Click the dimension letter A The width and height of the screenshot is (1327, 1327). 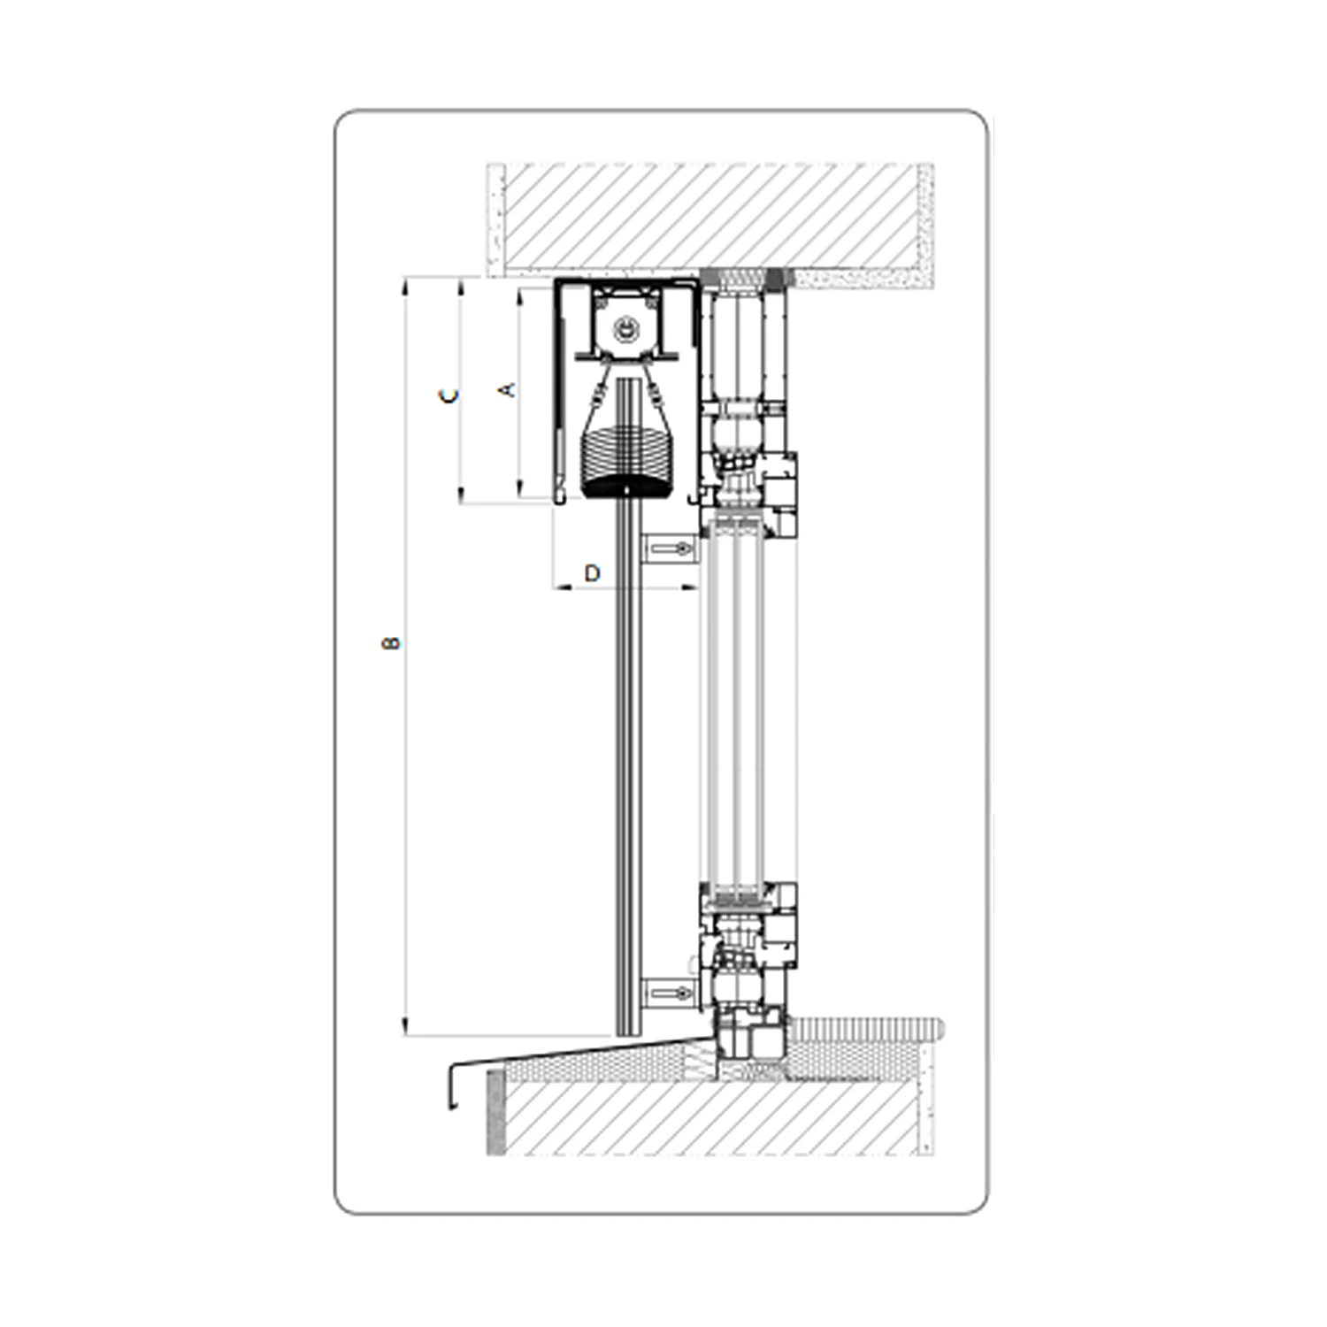click(x=508, y=388)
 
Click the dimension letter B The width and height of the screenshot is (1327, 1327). click(x=390, y=643)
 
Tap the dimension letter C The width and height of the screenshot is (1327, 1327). click(x=450, y=396)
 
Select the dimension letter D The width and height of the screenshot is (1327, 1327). click(x=593, y=573)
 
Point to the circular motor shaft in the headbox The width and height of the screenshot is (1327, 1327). click(x=626, y=329)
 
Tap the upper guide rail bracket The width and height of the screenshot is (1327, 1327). click(x=668, y=548)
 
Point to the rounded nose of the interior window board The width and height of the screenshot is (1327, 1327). click(x=940, y=1028)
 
